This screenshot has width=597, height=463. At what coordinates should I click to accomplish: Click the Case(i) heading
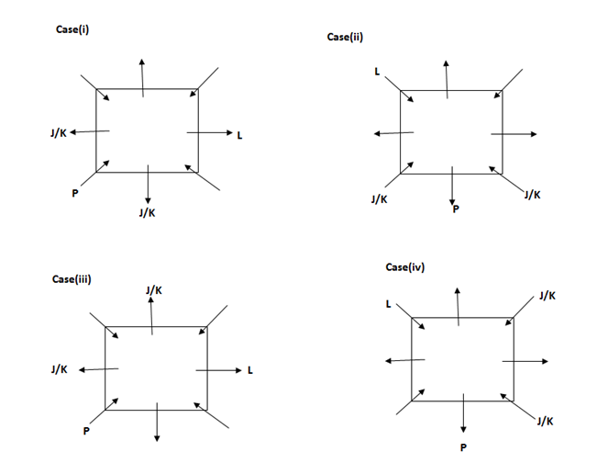coord(72,29)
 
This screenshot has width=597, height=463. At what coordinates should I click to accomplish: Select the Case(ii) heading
coord(345,37)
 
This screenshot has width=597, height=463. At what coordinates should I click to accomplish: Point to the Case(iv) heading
coord(404,266)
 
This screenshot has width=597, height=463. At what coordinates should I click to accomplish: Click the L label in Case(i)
coord(239,136)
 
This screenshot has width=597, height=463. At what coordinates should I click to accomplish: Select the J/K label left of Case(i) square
coord(58,133)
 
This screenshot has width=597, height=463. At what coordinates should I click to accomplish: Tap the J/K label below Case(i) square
coord(146,212)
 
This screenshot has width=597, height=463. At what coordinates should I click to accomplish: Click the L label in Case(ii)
coord(376,71)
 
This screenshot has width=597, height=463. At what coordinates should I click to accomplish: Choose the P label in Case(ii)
coord(454,210)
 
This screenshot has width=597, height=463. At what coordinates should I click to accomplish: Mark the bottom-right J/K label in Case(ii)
coord(532,195)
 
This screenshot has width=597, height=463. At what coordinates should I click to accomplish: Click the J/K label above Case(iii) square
coord(154,290)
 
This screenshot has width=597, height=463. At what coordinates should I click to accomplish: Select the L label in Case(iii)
coord(249,370)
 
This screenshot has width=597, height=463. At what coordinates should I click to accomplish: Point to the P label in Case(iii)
coord(86,430)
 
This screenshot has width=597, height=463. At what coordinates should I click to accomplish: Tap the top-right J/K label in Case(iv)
coord(547,296)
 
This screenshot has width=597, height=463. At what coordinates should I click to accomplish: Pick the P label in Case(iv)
coord(463,447)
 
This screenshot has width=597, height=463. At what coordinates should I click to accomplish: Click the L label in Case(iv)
coord(389,303)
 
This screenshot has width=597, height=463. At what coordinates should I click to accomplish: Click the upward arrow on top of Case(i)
coord(142,77)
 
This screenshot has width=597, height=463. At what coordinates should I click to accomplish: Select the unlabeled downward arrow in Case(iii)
coord(158,422)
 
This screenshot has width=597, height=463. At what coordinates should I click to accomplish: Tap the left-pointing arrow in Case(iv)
coord(399,360)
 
